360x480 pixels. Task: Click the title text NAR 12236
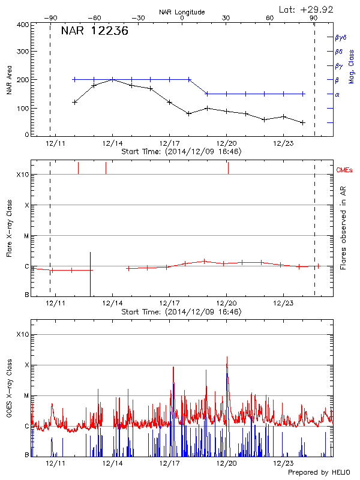(94, 32)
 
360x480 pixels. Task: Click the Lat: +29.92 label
(307, 9)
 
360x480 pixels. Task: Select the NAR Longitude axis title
(182, 11)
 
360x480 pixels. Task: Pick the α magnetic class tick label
(337, 94)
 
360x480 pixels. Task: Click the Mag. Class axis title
(351, 66)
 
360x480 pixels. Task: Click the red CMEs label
(344, 171)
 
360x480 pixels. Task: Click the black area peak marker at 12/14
(112, 80)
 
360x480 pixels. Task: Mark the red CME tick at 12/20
(228, 168)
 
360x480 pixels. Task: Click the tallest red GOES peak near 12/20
(227, 357)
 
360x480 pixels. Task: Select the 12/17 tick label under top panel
(170, 144)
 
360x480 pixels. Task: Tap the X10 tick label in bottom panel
(22, 334)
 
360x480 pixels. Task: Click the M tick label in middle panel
(26, 236)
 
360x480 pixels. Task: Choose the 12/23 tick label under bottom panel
(283, 463)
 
